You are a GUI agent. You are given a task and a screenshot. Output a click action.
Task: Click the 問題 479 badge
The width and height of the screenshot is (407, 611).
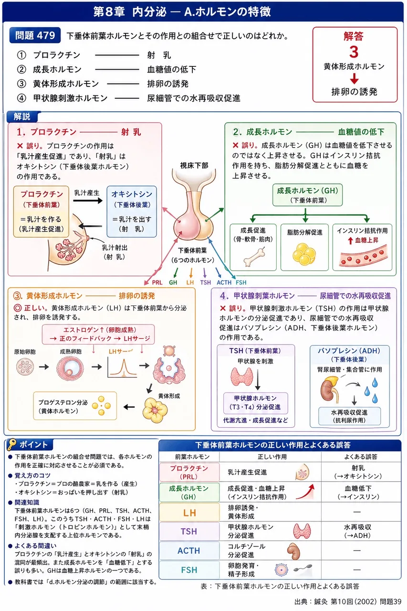[35, 35]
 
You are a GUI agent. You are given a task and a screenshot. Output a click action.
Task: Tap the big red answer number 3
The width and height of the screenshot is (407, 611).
[354, 52]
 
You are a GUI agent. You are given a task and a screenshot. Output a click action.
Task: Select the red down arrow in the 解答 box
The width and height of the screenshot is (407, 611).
[354, 79]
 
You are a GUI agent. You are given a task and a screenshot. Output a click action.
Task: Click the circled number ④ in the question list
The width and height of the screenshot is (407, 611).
[21, 98]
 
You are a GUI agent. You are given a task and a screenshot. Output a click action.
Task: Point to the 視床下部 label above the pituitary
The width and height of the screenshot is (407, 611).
[194, 165]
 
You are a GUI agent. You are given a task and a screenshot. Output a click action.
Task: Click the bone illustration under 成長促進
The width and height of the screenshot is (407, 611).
[254, 256]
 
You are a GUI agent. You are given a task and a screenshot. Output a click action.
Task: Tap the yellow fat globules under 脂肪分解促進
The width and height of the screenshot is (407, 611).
[304, 254]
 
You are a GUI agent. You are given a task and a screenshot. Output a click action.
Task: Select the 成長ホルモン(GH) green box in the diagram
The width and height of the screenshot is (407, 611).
[307, 195]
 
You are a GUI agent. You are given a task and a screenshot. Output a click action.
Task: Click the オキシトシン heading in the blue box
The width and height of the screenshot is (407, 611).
[132, 194]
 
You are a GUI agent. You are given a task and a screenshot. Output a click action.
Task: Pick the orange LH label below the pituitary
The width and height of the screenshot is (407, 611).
[190, 282]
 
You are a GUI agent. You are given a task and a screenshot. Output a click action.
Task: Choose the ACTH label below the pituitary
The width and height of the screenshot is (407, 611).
[224, 282]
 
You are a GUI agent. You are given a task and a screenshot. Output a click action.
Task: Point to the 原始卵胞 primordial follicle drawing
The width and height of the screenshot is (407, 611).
[25, 367]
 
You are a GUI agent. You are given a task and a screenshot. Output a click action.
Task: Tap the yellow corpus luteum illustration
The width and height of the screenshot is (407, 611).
[155, 410]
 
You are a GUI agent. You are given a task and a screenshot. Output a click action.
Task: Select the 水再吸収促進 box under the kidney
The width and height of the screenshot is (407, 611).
[349, 416]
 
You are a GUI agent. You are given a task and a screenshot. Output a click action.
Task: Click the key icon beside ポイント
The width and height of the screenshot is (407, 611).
[12, 444]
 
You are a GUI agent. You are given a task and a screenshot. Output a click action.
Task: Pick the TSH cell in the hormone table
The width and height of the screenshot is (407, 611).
[189, 531]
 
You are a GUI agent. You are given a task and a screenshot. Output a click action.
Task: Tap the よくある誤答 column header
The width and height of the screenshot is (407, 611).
[361, 456]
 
